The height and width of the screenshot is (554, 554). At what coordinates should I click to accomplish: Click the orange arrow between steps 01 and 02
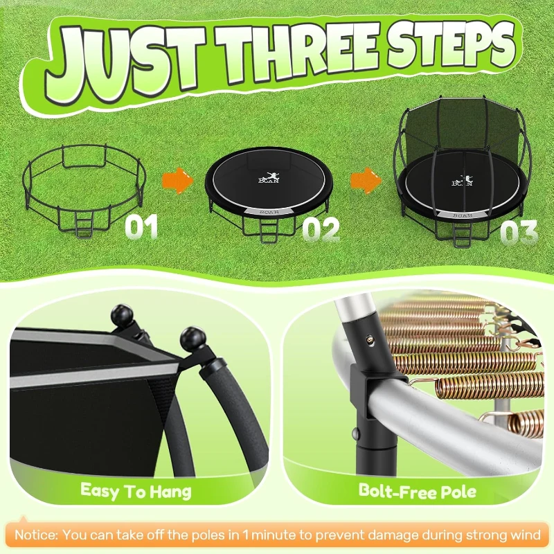click(x=177, y=182)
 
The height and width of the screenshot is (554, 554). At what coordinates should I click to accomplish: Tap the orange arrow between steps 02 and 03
click(x=365, y=182)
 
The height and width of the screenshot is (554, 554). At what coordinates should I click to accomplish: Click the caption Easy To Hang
click(x=136, y=492)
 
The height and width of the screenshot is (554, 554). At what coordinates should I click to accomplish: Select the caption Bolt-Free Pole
click(x=417, y=492)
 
